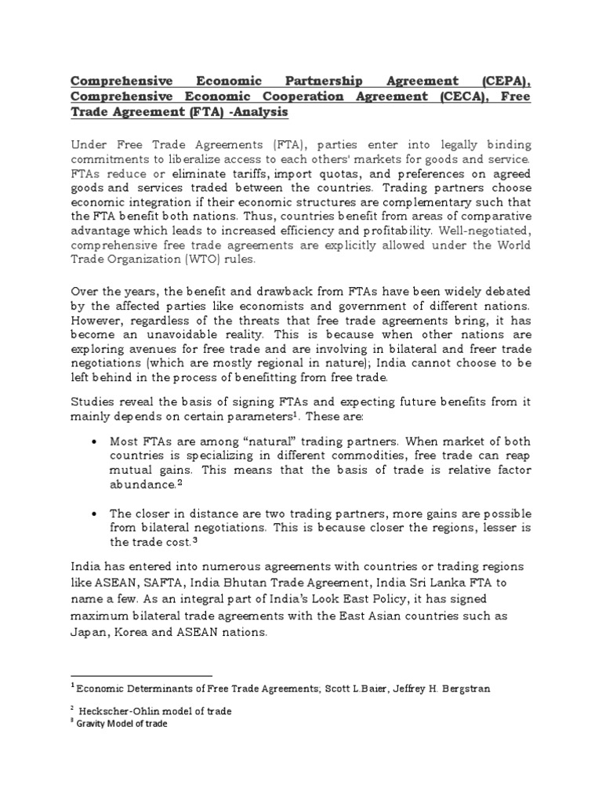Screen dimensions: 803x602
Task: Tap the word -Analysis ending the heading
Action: coord(259,112)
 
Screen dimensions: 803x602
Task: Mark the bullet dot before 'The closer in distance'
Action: coord(94,514)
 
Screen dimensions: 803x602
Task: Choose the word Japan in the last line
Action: coord(89,637)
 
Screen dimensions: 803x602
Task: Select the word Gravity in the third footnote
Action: coord(91,723)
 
